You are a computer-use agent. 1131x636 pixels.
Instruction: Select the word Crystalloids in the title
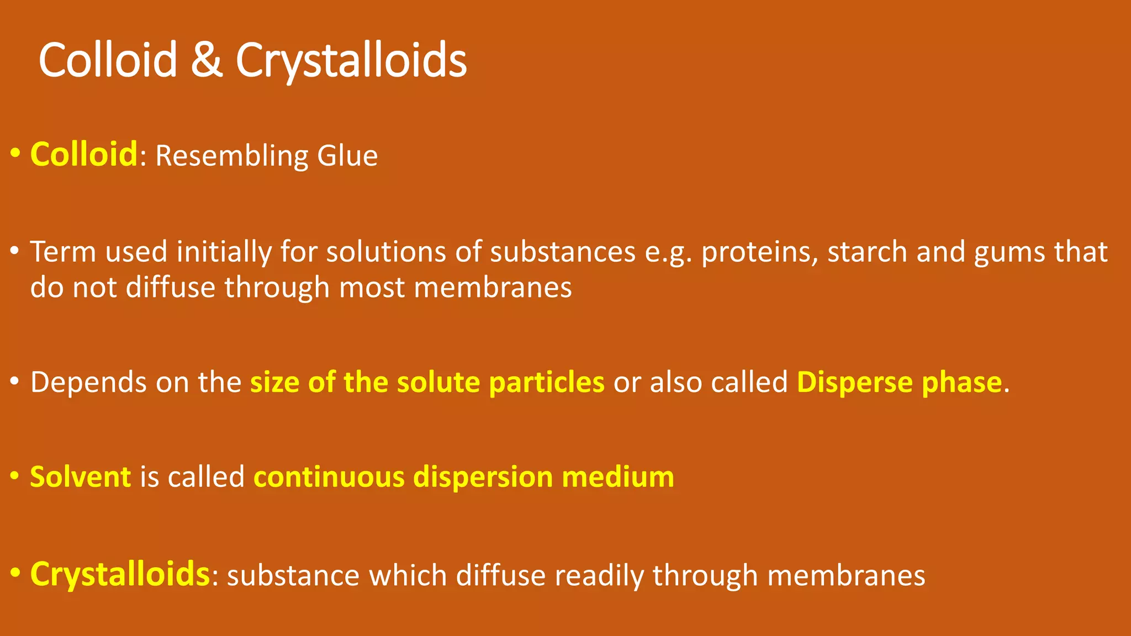tap(351, 61)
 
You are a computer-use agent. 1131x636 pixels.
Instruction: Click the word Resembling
tap(231, 156)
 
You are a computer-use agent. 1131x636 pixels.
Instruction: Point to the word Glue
tap(347, 156)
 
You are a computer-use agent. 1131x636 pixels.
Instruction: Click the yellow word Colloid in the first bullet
tap(83, 154)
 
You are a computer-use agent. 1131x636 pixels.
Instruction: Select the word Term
tap(63, 252)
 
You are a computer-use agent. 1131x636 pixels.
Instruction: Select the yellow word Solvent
tap(81, 477)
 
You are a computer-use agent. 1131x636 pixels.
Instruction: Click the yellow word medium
tap(618, 477)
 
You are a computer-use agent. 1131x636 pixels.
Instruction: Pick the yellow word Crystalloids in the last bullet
tap(120, 574)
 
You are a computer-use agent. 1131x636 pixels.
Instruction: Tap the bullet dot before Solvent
tap(15, 476)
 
